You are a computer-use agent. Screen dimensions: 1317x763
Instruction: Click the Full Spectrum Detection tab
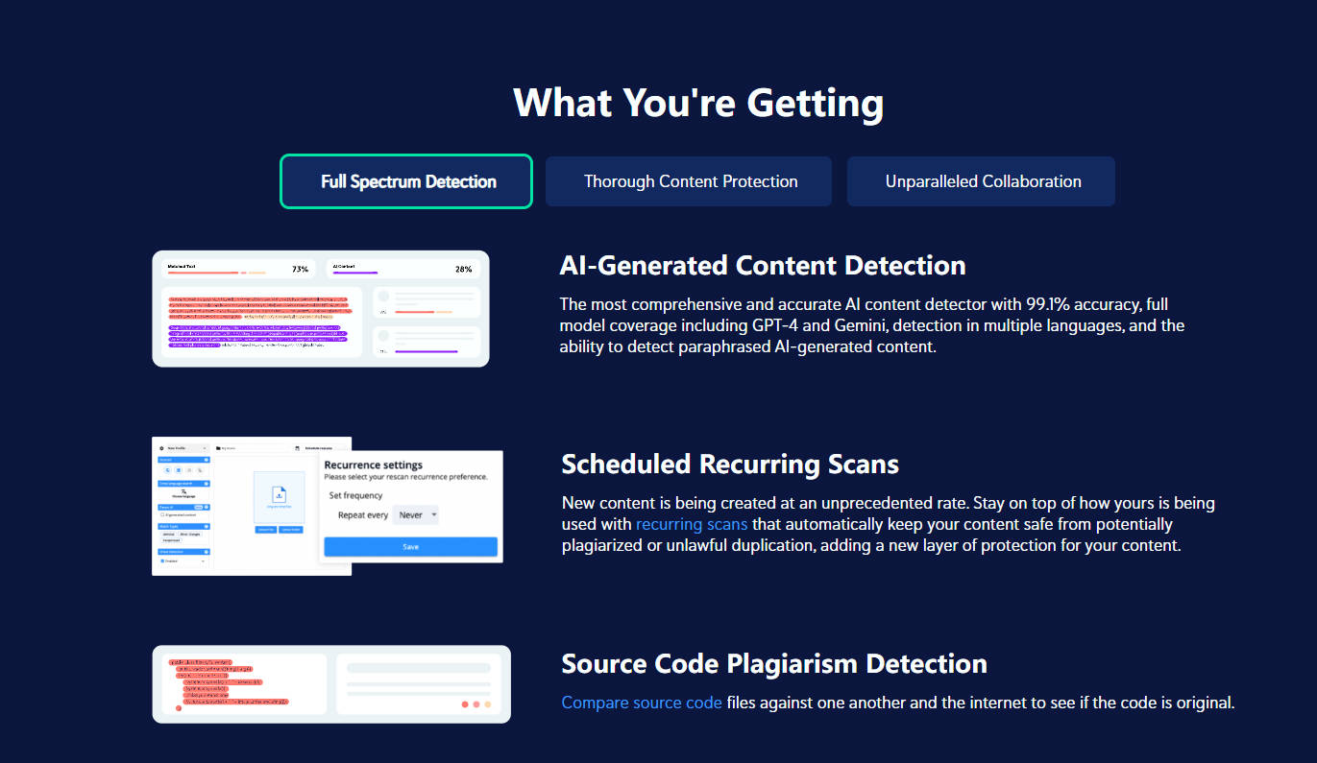point(406,181)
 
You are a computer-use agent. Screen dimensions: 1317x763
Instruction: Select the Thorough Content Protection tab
point(689,181)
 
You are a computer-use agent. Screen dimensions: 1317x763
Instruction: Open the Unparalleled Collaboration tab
point(981,181)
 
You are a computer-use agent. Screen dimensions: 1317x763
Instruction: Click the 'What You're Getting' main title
point(698,103)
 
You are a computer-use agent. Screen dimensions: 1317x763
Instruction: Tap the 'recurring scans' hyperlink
point(692,524)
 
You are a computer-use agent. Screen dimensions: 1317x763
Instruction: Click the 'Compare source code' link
point(642,703)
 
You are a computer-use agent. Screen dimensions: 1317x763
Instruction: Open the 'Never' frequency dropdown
point(416,515)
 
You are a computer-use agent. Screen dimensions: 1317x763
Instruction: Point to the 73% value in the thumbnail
point(300,270)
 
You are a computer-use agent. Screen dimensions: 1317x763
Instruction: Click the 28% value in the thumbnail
point(463,270)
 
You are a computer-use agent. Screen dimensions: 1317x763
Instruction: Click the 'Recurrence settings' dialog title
point(374,465)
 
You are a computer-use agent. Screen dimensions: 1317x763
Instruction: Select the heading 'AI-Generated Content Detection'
point(763,265)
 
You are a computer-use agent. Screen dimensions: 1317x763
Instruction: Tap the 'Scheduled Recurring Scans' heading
point(730,465)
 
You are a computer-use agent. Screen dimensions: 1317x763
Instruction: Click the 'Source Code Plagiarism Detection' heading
point(774,663)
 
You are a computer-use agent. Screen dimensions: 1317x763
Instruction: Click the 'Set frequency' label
point(355,495)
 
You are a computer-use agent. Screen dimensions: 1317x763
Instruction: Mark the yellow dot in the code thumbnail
point(488,704)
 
